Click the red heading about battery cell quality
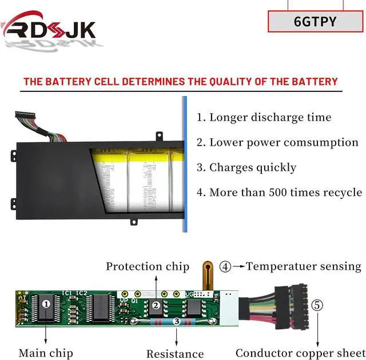coord(180,81)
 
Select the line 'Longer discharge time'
coord(264,118)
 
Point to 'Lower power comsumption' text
coord(277,143)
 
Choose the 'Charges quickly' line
coord(246,167)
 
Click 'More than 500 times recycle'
coord(279,193)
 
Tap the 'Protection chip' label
coord(147,266)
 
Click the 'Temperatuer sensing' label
coord(303,266)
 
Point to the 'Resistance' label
coord(175,354)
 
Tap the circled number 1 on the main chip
coord(46,304)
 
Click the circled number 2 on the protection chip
coord(156,306)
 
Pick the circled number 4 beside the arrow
coord(226,266)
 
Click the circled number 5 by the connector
coord(318,305)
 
